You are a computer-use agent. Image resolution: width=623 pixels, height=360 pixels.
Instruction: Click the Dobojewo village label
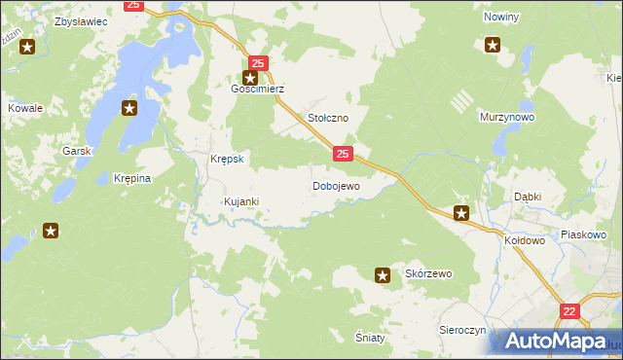click(336, 185)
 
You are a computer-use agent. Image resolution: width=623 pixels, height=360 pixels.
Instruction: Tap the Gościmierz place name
click(256, 89)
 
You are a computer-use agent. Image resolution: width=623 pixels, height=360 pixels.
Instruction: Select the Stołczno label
click(328, 117)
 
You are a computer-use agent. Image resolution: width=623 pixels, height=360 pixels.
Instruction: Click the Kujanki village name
click(240, 201)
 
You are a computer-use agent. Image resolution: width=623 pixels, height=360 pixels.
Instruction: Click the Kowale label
click(25, 108)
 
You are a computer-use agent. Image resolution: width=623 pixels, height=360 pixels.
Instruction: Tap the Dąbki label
click(528, 196)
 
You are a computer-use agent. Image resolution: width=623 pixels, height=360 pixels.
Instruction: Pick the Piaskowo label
click(584, 234)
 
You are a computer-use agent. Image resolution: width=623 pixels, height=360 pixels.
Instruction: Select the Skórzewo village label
click(429, 274)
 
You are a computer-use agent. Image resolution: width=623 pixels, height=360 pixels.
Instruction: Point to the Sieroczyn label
click(462, 330)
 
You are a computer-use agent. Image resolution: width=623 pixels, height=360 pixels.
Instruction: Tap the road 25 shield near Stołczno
click(343, 154)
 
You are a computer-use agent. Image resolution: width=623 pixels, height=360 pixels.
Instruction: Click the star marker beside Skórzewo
click(384, 275)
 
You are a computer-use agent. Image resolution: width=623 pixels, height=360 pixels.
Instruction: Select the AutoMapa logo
click(555, 342)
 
